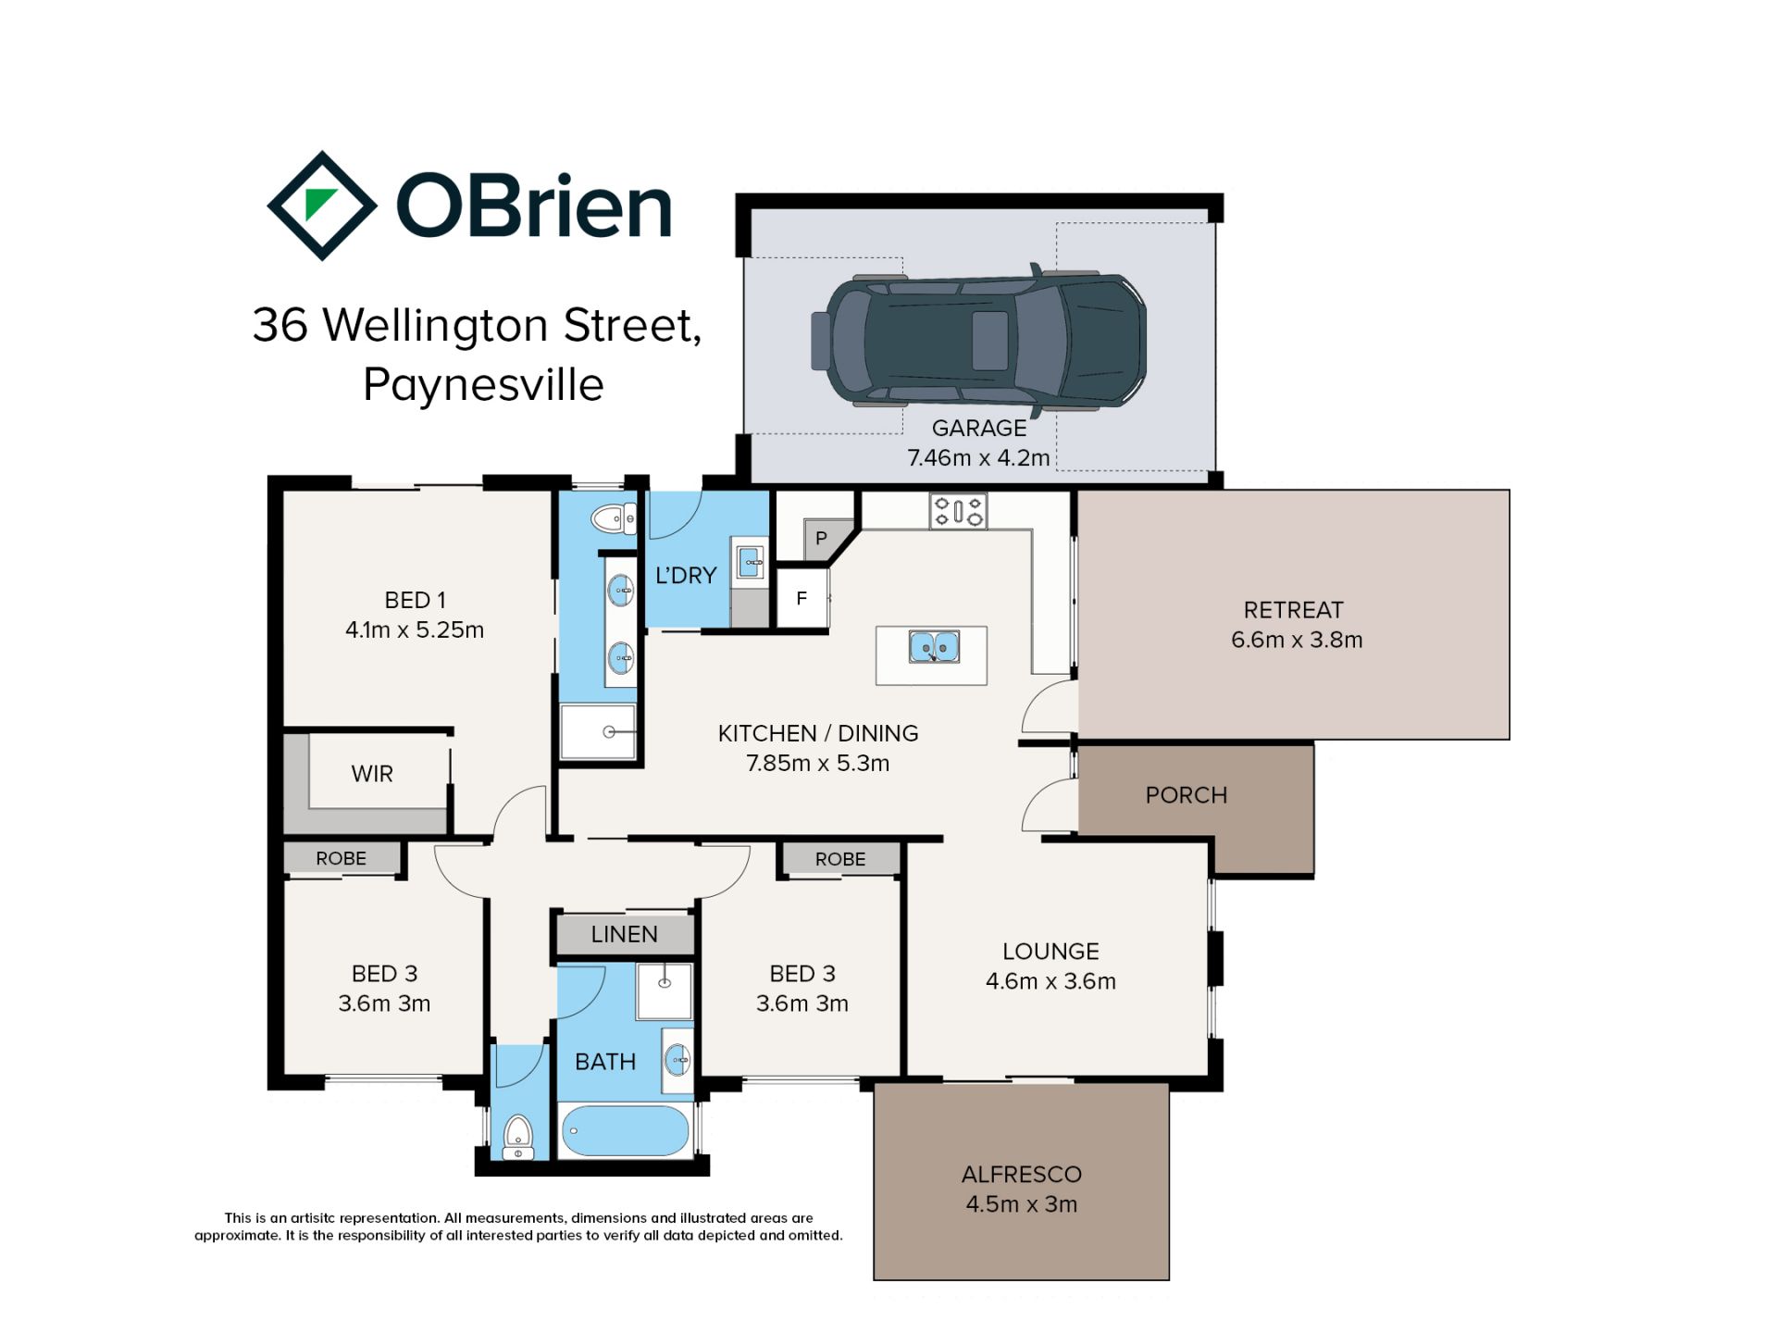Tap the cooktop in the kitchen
[958, 511]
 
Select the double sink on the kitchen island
[934, 646]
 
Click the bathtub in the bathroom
[625, 1130]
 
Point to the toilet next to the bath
[517, 1137]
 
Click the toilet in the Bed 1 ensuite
[613, 519]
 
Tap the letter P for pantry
[821, 538]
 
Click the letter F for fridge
[802, 598]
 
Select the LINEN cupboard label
[625, 934]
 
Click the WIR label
[372, 774]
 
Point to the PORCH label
[1187, 795]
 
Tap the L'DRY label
[686, 576]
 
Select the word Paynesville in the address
[483, 385]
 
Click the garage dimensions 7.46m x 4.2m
[978, 457]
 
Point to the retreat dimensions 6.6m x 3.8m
[1297, 640]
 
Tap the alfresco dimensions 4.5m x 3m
[1022, 1204]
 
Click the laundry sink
[750, 561]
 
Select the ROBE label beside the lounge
[840, 859]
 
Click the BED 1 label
[415, 600]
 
